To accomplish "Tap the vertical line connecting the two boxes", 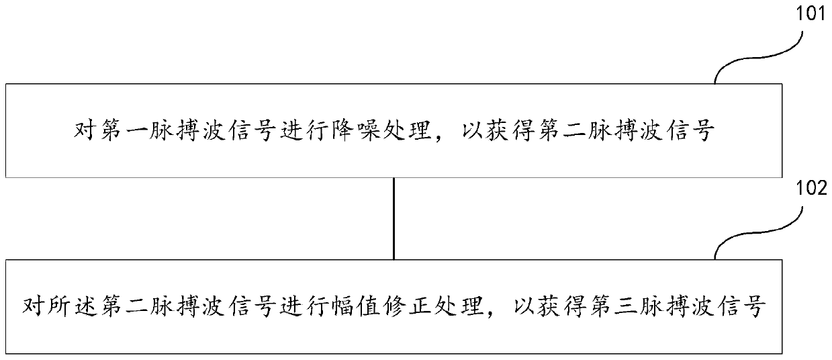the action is pos(394,218).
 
